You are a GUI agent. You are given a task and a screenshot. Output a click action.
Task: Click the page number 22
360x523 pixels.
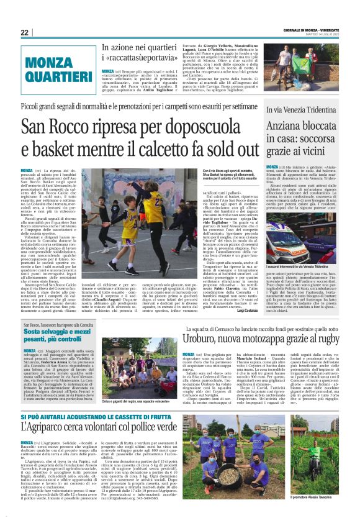click(x=24, y=33)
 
